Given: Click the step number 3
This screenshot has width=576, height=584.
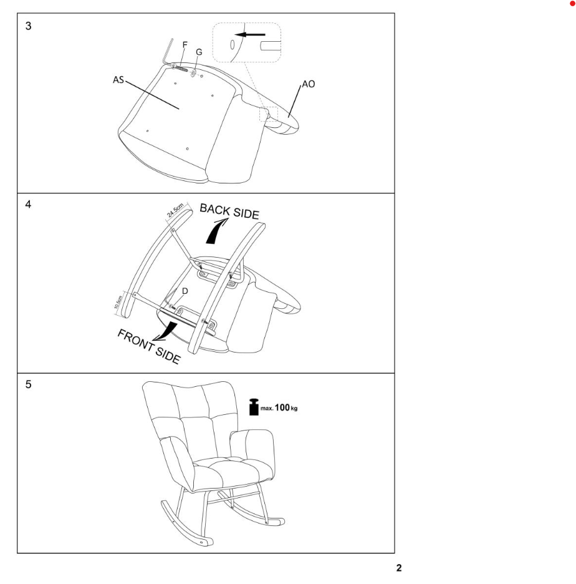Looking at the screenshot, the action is (x=28, y=26).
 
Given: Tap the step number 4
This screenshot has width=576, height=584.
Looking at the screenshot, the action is (x=28, y=205).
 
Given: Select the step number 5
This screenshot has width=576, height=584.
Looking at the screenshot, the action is (x=28, y=384).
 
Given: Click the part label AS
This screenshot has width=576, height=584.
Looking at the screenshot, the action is (x=118, y=80).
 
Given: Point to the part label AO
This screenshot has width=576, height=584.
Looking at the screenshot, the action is (x=308, y=84).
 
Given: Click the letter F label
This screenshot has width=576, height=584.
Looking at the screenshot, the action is (x=185, y=45).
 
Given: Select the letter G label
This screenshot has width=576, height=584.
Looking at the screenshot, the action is (x=199, y=52).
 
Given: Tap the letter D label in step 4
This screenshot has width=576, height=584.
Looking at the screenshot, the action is (x=185, y=291).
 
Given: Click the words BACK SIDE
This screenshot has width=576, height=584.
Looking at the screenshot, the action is (x=229, y=212).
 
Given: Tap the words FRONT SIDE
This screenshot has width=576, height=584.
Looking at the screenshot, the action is (x=149, y=346).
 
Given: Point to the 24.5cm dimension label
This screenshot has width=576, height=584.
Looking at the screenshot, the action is (x=175, y=210).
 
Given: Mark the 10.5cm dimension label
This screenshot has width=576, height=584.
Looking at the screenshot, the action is (x=118, y=302).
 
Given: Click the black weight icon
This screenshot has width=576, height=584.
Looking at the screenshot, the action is (x=254, y=407).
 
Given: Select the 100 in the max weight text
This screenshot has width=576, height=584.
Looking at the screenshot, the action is (x=282, y=407).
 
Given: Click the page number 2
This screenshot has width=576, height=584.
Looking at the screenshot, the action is (x=399, y=568).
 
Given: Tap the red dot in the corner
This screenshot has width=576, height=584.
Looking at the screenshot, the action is (x=572, y=3).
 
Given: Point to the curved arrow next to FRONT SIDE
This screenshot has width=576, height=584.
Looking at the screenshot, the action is (x=166, y=331).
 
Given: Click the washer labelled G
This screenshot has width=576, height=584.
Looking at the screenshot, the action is (x=193, y=73).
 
